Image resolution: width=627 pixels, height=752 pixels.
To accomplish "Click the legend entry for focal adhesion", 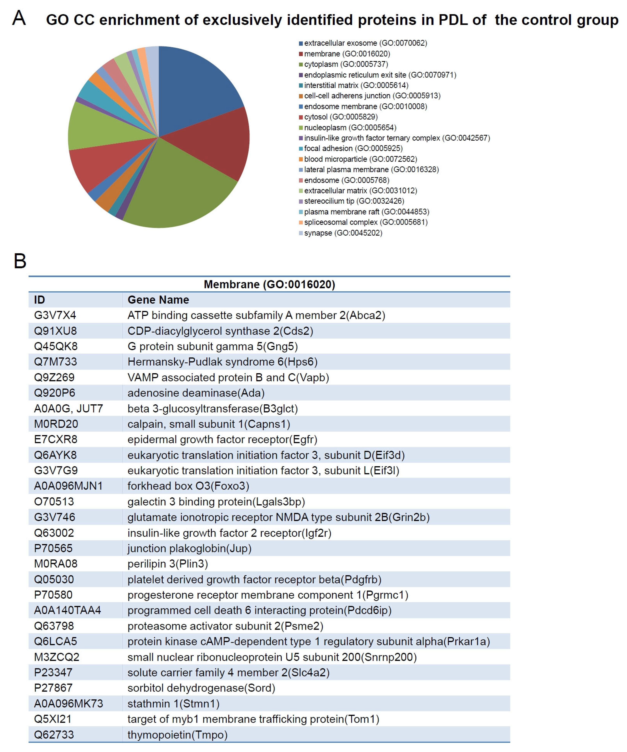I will [353, 148].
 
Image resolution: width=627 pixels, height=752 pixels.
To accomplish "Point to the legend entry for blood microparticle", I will [360, 159].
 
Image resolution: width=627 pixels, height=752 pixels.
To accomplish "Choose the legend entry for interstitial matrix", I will [356, 85].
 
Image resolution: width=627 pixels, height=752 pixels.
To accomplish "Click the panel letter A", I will [19, 18].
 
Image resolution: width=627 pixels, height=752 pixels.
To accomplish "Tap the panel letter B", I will [20, 261].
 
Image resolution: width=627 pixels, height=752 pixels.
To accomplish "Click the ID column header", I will [39, 300].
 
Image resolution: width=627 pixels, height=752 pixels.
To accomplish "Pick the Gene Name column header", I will [158, 300].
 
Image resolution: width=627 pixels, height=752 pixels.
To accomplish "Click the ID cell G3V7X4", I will [55, 315].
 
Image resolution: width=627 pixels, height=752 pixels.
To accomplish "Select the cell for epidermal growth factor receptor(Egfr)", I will [222, 439].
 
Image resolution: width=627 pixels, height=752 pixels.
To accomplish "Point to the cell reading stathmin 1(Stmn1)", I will [173, 704].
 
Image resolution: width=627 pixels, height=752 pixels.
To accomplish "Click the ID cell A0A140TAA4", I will [67, 610].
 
